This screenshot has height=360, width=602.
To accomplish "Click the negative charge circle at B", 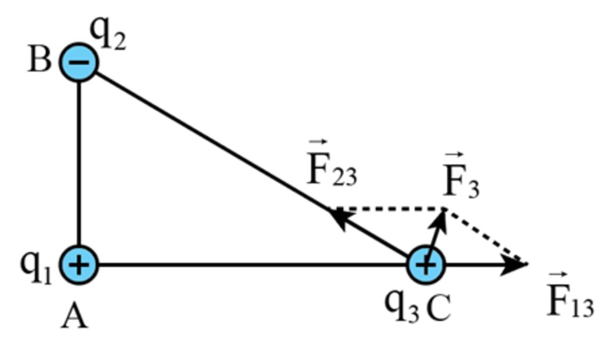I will coord(79,62).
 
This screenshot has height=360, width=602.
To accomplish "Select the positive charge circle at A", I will coord(79,265).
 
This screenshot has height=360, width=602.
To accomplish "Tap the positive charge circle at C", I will coord(426,265).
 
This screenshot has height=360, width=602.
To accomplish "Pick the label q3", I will coord(402,305).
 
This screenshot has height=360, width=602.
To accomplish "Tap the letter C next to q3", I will coord(438,307).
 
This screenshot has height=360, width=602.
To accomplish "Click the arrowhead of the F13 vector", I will coord(517,265).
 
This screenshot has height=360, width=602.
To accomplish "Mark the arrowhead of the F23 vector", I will coord(337,215).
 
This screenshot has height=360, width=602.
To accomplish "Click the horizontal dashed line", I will coord(388,209).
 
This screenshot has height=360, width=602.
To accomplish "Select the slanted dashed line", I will coord(485,236).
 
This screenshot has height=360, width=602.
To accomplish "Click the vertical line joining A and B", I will coord(79,165).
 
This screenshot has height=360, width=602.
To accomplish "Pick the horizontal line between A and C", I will coord(253,265).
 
